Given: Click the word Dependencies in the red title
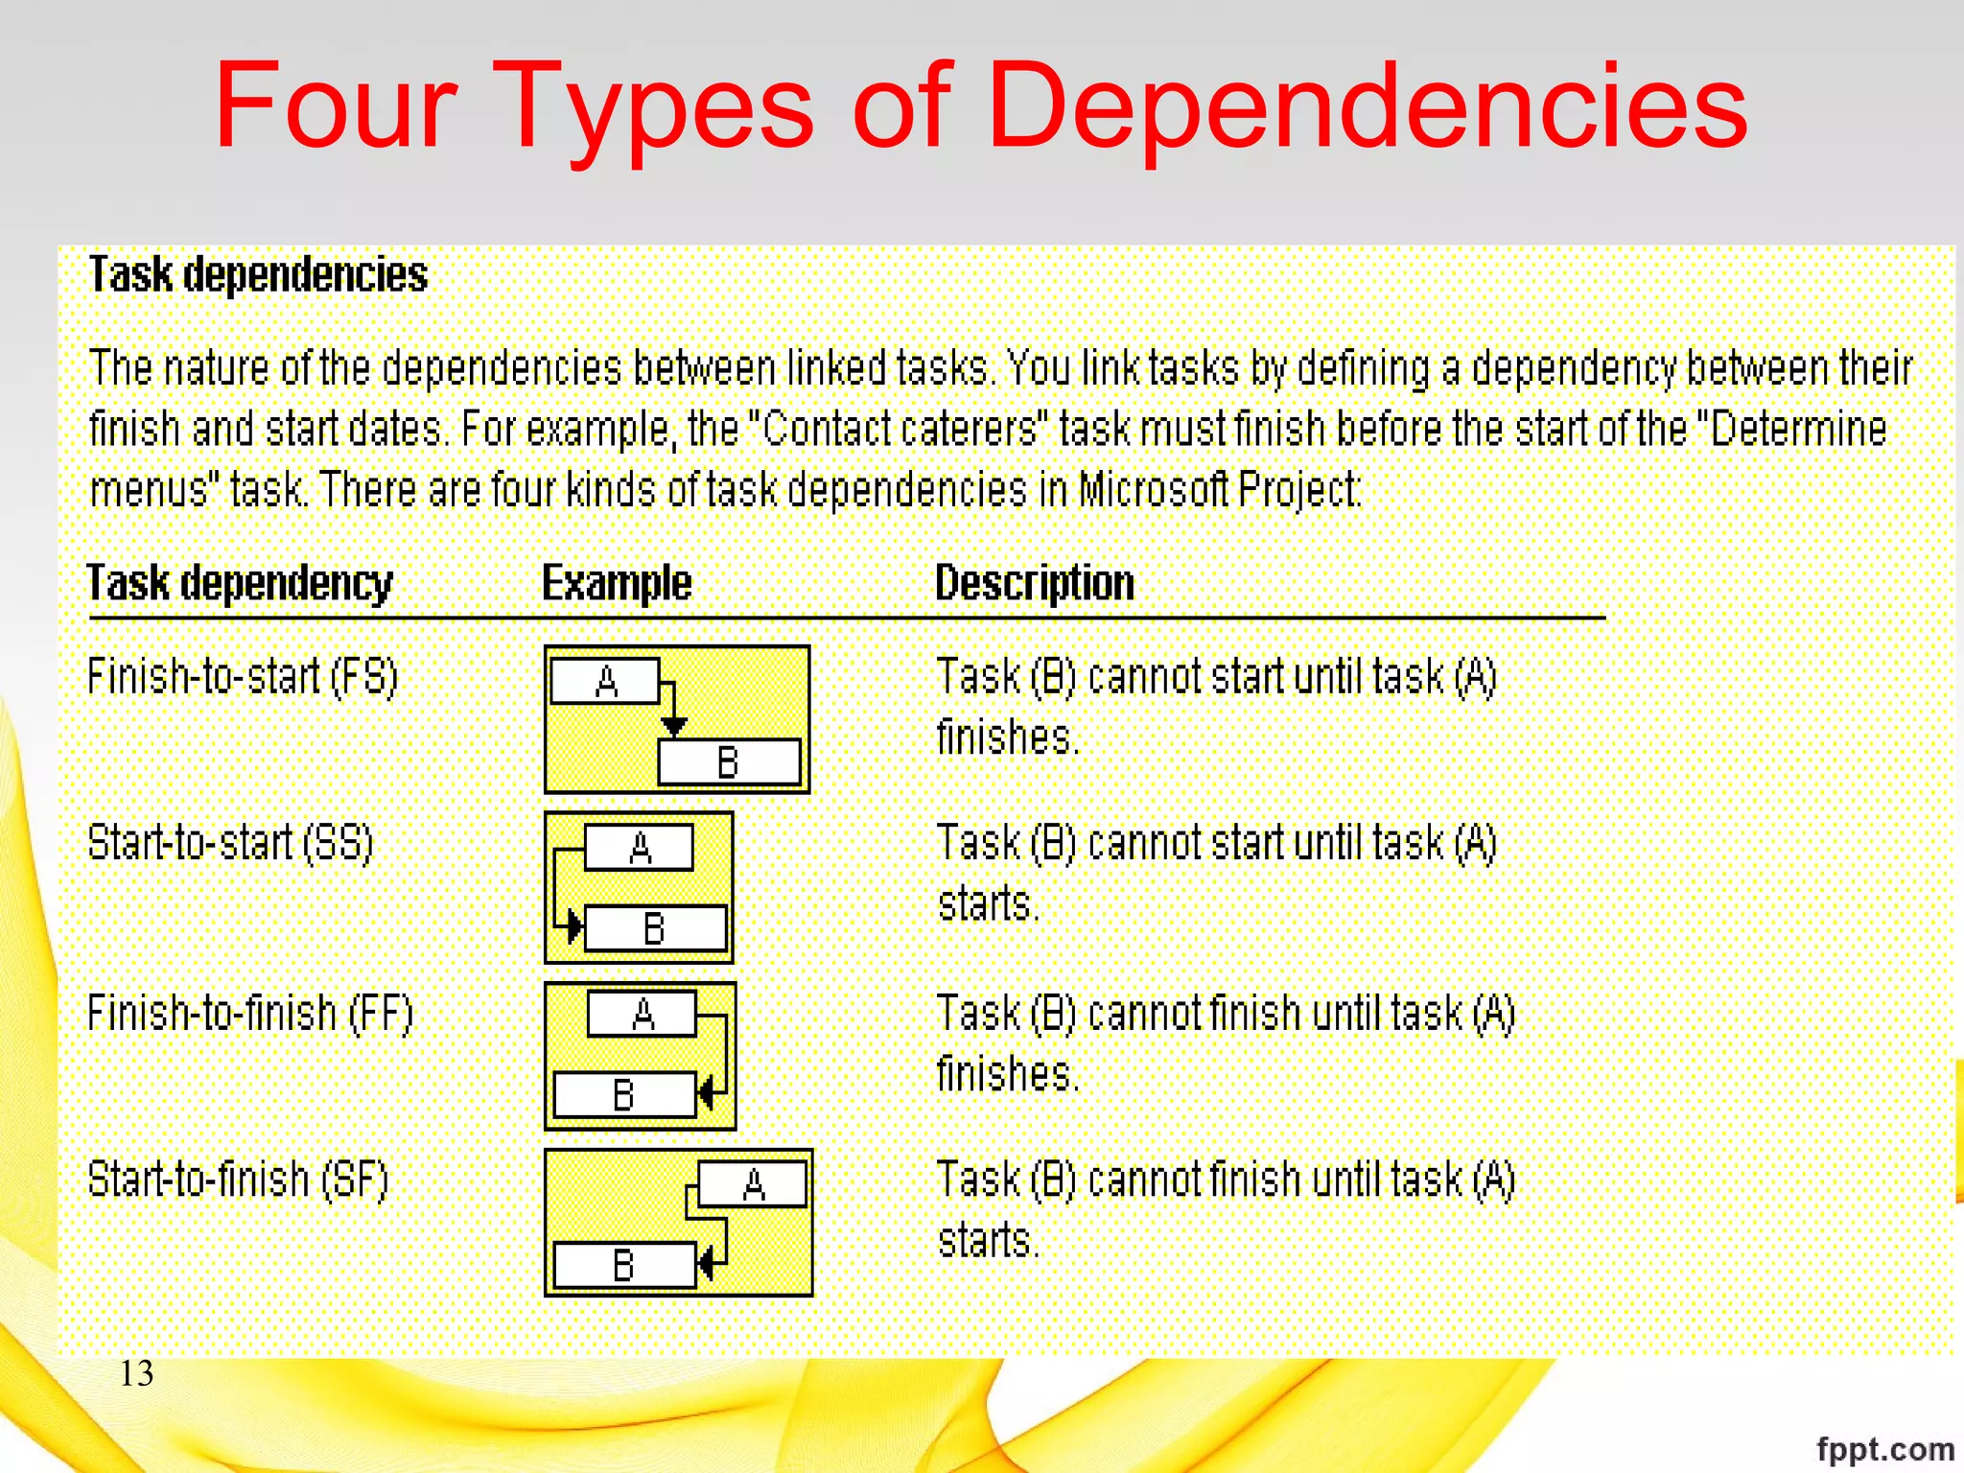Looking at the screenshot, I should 1367,107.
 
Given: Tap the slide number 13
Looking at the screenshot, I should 136,1373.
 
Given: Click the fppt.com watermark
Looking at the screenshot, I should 1884,1448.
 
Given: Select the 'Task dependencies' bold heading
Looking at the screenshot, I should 258,275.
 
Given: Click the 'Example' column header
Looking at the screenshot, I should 617,583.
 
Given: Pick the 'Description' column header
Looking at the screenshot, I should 1035,583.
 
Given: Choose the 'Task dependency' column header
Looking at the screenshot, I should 240,583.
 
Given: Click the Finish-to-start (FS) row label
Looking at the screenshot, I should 243,676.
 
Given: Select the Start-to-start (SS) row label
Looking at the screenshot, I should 230,843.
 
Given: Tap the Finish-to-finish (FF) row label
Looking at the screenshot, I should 250,1013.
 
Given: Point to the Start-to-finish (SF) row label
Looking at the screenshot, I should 238,1180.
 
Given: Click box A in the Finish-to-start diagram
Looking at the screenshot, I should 605,682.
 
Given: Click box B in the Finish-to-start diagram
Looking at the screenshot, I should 729,762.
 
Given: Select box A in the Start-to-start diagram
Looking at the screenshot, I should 640,848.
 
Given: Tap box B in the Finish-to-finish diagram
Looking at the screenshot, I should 624,1094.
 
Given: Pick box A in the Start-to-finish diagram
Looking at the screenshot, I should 753,1184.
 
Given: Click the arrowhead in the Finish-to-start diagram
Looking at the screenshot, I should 674,726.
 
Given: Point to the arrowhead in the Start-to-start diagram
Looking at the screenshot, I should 573,927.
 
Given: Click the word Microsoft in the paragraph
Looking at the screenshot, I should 1154,490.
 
